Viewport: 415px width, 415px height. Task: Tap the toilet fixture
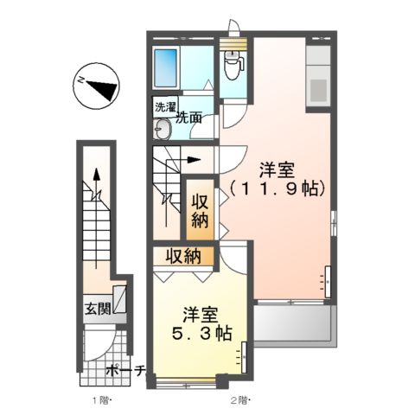click(x=231, y=63)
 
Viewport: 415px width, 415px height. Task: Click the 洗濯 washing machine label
click(x=163, y=108)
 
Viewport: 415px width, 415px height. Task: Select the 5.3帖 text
click(x=198, y=333)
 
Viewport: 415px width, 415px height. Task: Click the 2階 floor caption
click(x=239, y=400)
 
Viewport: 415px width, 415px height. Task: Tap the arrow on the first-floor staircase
click(x=97, y=183)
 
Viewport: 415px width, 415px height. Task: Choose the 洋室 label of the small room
click(x=198, y=314)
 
